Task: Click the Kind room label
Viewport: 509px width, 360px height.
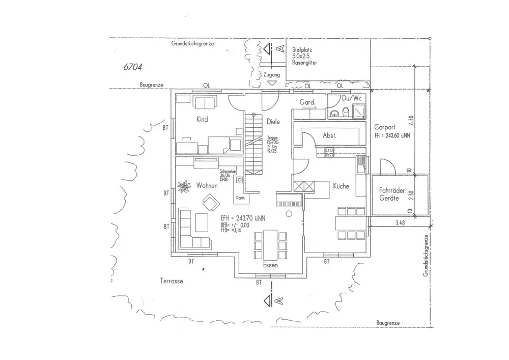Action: pos(202,120)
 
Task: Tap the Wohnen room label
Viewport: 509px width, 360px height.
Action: pos(207,186)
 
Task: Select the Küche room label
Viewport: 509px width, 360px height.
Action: pos(341,186)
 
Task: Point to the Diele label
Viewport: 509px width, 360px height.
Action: pos(274,121)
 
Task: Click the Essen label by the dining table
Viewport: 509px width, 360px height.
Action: pos(272,266)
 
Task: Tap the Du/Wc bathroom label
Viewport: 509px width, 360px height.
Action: pos(351,98)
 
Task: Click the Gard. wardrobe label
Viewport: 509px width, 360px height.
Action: pos(307,102)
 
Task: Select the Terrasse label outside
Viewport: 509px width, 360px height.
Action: pos(171,281)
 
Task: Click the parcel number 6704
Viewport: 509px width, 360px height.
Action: pos(132,67)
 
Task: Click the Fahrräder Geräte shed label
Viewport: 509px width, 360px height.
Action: pos(392,194)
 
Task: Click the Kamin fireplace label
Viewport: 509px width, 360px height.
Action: pos(241,198)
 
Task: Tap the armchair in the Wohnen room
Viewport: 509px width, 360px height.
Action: pos(209,204)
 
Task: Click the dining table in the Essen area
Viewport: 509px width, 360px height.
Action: pos(268,242)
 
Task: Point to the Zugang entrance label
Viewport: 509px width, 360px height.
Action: pos(272,75)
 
